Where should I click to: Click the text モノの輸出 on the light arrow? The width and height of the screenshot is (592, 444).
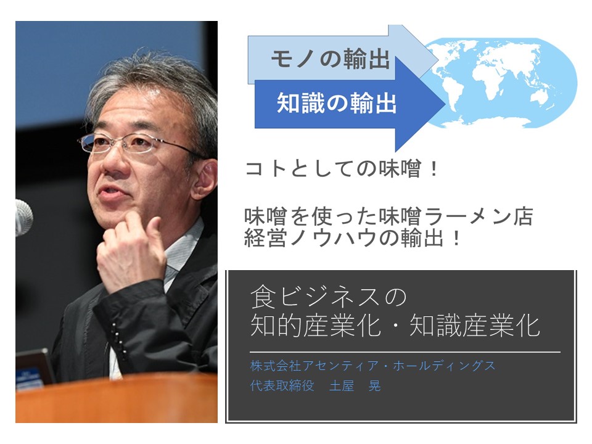(330, 60)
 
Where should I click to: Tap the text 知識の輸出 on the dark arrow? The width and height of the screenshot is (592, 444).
(337, 103)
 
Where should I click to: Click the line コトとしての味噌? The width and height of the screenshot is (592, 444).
(342, 169)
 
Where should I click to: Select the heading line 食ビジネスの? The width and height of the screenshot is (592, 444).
(328, 297)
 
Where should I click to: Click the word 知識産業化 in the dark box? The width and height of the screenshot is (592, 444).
(475, 325)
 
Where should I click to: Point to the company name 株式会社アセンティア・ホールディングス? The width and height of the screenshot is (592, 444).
(372, 366)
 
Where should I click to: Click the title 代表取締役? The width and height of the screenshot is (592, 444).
(282, 385)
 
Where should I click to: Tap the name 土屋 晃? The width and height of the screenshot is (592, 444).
(355, 385)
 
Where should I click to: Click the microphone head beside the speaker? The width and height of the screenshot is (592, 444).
(23, 218)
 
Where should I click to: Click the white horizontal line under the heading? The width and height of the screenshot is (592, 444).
(405, 352)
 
